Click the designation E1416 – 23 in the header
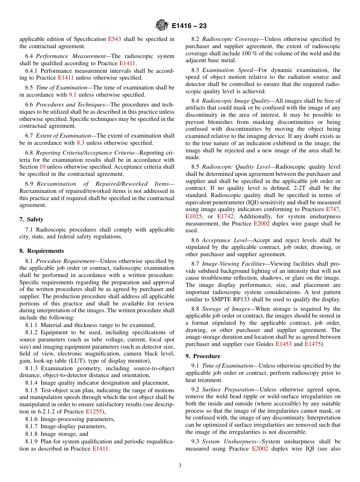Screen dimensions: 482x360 [x=189, y=26]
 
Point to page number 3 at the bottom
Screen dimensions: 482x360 [x=180, y=465]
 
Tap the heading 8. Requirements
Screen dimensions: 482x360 [x=41, y=251]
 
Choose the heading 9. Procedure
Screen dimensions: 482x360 [x=203, y=356]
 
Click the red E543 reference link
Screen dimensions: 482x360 [x=114, y=39]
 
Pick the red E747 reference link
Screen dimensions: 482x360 [x=333, y=209]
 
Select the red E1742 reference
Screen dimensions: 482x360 [x=225, y=216]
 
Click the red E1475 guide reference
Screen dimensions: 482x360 [x=312, y=344]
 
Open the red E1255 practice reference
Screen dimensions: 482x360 [x=94, y=412]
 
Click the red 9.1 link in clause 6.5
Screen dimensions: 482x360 [x=73, y=95]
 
